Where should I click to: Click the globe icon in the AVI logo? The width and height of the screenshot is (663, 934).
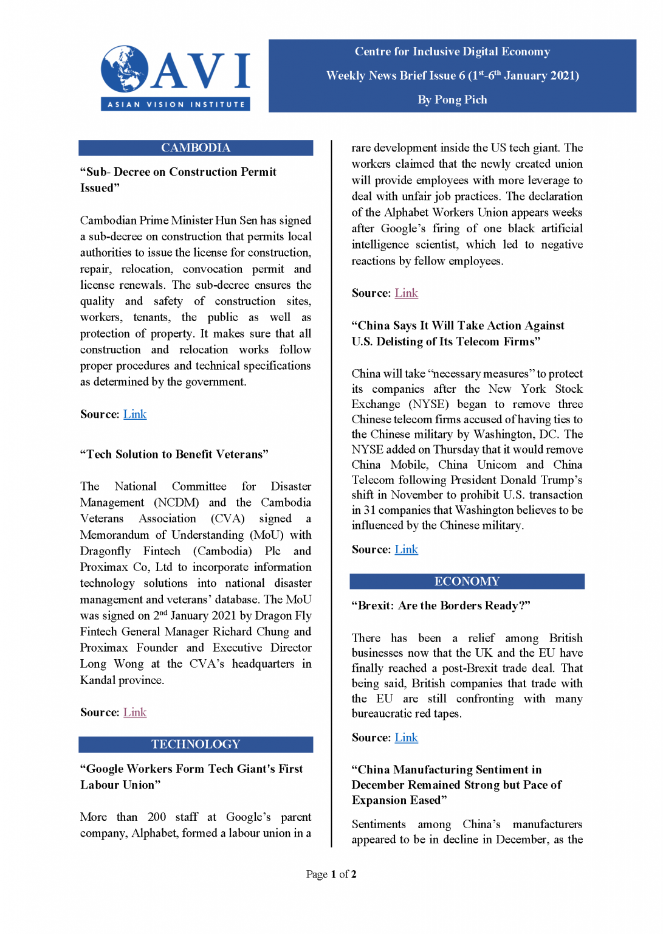click(125, 69)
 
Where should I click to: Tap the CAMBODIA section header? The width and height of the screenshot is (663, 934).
click(196, 148)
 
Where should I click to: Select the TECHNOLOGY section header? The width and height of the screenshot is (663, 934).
click(196, 744)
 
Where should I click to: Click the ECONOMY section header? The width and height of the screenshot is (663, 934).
click(467, 581)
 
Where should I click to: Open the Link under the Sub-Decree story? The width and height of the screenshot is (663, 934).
click(135, 414)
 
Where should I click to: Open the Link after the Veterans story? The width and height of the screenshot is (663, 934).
click(135, 712)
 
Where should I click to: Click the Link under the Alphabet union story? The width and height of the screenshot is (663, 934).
click(406, 293)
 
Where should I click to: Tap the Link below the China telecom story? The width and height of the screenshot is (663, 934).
click(406, 549)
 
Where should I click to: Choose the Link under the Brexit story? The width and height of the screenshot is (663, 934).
click(406, 738)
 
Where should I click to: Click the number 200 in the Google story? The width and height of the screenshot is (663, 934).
click(157, 817)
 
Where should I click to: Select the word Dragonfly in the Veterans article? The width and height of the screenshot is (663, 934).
click(106, 551)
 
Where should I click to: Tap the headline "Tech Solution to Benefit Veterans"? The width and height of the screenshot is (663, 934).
click(174, 454)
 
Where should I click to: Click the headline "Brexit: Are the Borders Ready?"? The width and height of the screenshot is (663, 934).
click(441, 606)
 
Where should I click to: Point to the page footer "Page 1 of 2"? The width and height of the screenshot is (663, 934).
click(331, 874)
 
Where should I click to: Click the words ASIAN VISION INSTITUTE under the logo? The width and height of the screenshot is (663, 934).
click(176, 105)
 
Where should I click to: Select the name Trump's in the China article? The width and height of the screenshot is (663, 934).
click(562, 480)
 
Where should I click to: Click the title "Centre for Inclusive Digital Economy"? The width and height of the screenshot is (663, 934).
click(452, 52)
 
